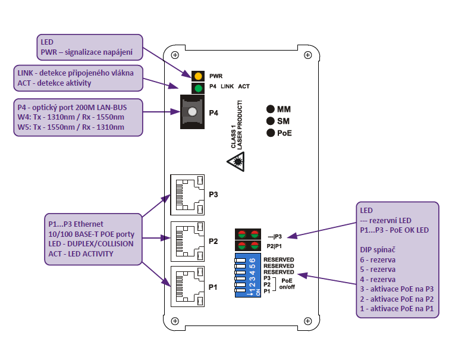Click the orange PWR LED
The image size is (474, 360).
click(197, 76)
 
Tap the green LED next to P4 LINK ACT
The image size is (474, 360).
click(197, 87)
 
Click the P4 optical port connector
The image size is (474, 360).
click(191, 112)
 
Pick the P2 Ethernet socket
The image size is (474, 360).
click(188, 241)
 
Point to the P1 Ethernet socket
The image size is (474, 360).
click(188, 286)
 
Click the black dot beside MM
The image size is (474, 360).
click(271, 109)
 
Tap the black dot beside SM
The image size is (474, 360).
click(271, 121)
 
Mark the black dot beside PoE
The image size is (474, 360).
click(271, 133)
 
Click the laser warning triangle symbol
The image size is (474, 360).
click(237, 161)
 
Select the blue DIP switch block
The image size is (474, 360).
click(244, 276)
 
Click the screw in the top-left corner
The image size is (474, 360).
click(174, 55)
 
